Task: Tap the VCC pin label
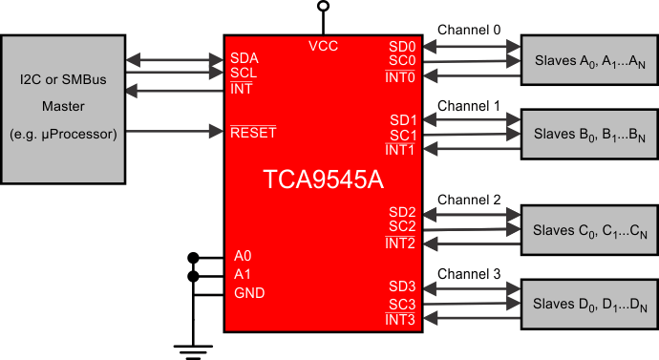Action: [x=323, y=46]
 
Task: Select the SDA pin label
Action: [x=244, y=57]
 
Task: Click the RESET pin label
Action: [x=253, y=131]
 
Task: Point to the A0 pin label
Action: [x=243, y=257]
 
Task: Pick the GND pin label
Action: [x=249, y=293]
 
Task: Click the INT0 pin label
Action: [x=401, y=77]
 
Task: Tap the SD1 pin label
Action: [x=403, y=119]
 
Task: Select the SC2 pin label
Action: [x=403, y=226]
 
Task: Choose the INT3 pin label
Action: [x=401, y=319]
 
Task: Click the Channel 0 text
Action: [x=469, y=30]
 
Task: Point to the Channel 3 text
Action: [x=469, y=274]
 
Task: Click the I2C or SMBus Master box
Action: [x=64, y=108]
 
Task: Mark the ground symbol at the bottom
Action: [x=194, y=349]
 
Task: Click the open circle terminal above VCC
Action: [x=323, y=7]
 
